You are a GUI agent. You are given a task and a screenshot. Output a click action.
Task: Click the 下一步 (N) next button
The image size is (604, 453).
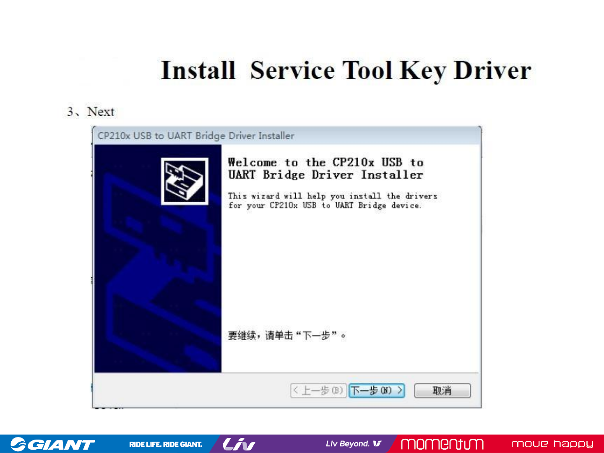point(377,390)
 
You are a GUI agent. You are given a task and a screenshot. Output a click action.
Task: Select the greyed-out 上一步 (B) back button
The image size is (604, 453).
point(318,390)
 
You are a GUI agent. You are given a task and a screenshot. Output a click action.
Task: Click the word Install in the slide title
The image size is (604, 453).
point(198,70)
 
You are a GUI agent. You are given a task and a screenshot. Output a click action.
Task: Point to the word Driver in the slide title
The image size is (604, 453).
point(492,70)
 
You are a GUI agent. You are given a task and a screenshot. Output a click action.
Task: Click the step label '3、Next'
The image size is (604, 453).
point(91,112)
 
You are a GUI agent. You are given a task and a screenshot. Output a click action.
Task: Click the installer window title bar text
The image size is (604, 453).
point(196,135)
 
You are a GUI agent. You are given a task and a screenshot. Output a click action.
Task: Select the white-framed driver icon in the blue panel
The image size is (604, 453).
point(185,181)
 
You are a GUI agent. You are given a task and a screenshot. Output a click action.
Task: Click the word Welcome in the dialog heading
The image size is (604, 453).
point(253,162)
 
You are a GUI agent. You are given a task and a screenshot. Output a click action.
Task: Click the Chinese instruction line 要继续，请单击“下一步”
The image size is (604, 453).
point(287,336)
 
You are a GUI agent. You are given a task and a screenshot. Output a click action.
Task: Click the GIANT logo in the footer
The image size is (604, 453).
point(52,444)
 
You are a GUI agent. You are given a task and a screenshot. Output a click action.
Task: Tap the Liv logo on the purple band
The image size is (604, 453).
point(239,444)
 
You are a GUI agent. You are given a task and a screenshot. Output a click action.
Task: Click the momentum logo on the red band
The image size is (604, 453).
point(442,444)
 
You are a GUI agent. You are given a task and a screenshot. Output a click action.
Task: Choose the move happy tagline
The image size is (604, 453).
point(552,444)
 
